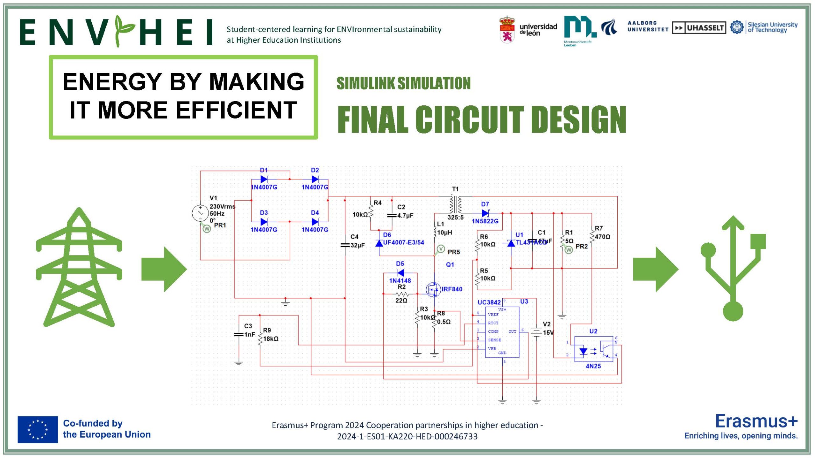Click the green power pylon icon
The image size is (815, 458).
[x=79, y=267]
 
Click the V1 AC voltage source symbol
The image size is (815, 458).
[x=200, y=213]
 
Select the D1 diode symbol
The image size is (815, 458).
[x=264, y=179]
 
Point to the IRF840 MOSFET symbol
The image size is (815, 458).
[x=433, y=289]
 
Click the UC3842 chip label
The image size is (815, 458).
[x=489, y=302]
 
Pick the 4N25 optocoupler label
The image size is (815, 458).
[x=593, y=366]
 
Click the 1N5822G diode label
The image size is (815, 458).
[x=485, y=221]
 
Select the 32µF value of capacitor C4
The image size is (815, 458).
[x=358, y=245]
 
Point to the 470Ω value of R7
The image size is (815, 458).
[x=602, y=237]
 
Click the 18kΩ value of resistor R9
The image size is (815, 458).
[x=271, y=339]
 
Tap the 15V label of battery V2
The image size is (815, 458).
[x=548, y=333]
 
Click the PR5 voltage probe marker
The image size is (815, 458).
[x=441, y=249]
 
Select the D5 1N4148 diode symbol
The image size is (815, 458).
[x=401, y=273]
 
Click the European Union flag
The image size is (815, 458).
[x=38, y=429]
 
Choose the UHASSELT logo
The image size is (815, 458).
[x=699, y=28]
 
